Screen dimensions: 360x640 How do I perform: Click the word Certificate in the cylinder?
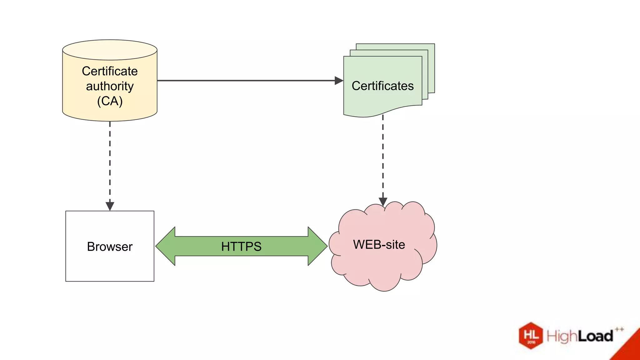[110, 71]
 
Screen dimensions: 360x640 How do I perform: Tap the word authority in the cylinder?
[110, 86]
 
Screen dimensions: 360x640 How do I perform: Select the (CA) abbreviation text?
[110, 101]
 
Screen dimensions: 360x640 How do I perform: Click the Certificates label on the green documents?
[382, 86]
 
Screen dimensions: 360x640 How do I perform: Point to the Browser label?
[110, 247]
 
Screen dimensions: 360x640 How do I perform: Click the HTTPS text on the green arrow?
[241, 247]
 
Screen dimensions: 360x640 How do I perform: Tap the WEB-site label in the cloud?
[379, 244]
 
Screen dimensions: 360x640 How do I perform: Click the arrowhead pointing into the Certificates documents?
[339, 81]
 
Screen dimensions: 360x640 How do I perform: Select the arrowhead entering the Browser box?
[110, 206]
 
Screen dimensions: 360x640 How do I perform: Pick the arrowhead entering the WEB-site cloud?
[383, 202]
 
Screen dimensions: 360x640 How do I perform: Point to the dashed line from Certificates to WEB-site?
[383, 156]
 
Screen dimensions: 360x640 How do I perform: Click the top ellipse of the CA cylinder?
[110, 50]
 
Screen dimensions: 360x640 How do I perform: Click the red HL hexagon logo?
[531, 336]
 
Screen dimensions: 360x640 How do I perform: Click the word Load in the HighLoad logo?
[595, 337]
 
